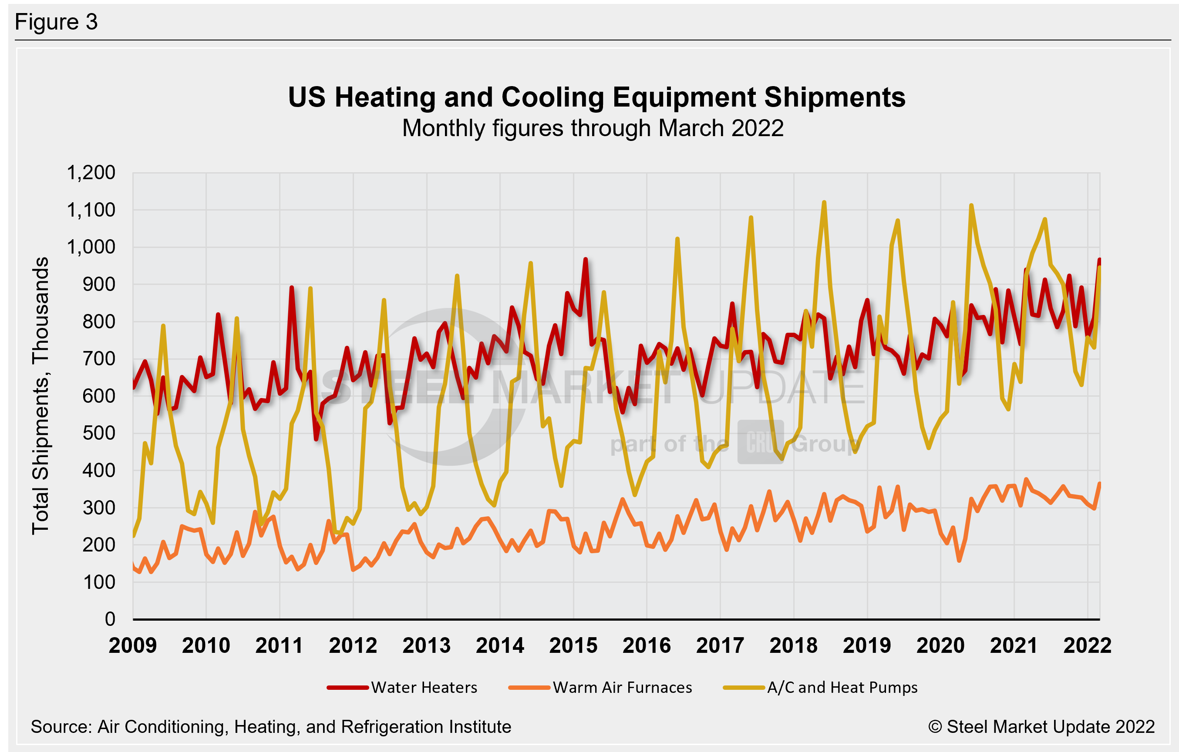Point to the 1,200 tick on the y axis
tap(91, 173)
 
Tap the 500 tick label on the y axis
tap(99, 433)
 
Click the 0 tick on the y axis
tap(110, 619)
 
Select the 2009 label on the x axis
tap(133, 645)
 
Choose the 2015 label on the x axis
tap(573, 645)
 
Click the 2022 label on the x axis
tap(1088, 645)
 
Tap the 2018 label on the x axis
tap(794, 645)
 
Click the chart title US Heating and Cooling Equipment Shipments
tap(596, 97)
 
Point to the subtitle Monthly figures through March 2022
tap(593, 128)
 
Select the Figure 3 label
tap(56, 22)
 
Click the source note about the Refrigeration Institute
tap(271, 727)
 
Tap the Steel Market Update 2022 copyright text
tap(1041, 727)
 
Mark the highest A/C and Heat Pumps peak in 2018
tap(824, 202)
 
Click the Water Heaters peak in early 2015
tap(585, 259)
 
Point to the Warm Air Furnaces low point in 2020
tap(959, 561)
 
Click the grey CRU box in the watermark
tap(760, 442)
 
